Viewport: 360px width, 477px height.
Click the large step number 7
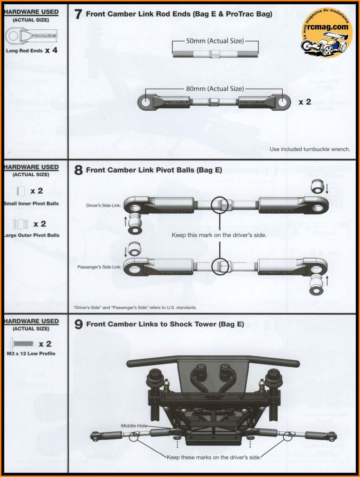78,14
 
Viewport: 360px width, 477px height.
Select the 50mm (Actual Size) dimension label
215,41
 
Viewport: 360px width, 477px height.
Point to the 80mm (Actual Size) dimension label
215,89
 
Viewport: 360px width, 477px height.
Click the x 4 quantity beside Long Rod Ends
51,50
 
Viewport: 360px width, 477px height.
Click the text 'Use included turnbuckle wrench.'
310,149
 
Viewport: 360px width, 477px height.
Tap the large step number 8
78,170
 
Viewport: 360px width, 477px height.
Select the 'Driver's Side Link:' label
104,205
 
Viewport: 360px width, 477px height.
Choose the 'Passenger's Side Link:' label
99,267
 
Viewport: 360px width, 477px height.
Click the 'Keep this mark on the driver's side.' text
219,235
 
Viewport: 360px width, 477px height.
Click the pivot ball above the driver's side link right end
317,186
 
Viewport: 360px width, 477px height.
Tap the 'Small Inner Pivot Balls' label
32,204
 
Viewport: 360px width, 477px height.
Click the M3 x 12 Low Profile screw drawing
22,343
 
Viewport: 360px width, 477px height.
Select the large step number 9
78,324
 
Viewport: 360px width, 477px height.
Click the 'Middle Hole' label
134,426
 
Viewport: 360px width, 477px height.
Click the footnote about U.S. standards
135,308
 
